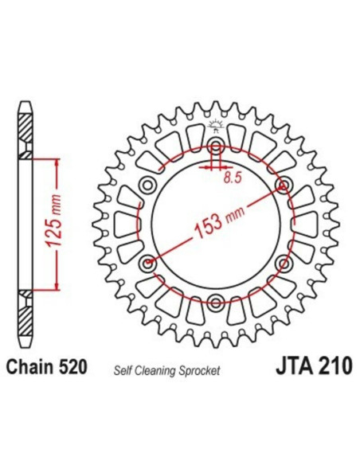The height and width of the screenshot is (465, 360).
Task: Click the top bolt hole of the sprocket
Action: point(216,147)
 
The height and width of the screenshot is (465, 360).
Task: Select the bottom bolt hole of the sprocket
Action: point(216,301)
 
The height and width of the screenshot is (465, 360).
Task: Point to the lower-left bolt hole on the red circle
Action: point(146,262)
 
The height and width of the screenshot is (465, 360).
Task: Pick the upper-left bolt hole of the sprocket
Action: point(147,186)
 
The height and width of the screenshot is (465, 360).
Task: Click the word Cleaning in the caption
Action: point(160,371)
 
